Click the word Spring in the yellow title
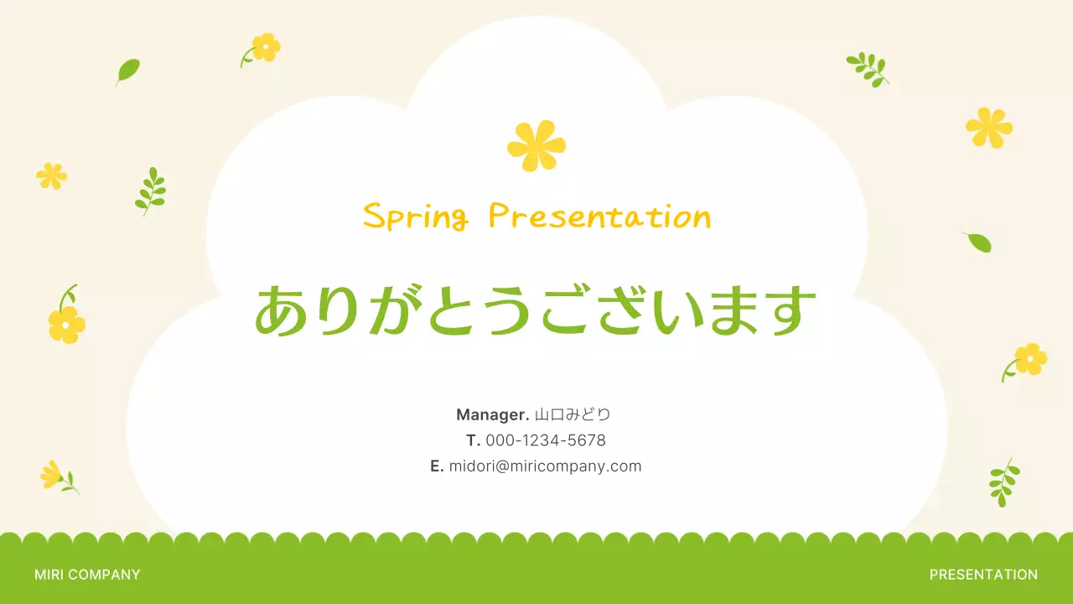[x=415, y=216]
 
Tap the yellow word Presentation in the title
[x=599, y=216]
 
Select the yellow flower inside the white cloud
[x=536, y=145]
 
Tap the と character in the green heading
[x=454, y=310]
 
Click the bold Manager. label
[x=493, y=414]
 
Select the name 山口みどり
[x=573, y=414]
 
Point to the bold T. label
[x=474, y=440]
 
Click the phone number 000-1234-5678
[x=546, y=440]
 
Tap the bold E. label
[x=437, y=466]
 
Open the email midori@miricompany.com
[x=545, y=466]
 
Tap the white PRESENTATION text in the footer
[x=983, y=575]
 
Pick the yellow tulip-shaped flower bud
[x=52, y=475]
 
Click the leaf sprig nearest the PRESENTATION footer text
[x=1003, y=482]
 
